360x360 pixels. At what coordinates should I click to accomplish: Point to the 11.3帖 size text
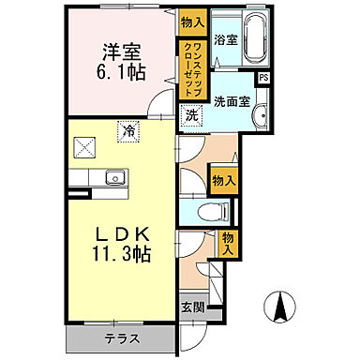[123, 253]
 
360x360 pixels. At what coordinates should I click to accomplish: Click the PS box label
[263, 78]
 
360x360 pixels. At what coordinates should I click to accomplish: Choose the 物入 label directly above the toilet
[222, 179]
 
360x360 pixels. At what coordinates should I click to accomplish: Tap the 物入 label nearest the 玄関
[229, 243]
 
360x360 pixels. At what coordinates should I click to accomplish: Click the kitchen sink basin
[115, 176]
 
